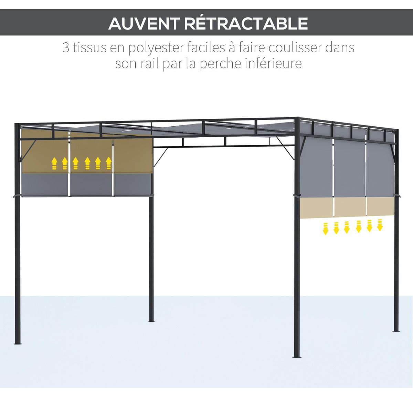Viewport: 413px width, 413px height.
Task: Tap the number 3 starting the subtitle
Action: tap(66, 47)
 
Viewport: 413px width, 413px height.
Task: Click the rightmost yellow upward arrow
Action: tap(109, 163)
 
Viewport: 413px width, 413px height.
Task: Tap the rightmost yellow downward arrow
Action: tap(380, 225)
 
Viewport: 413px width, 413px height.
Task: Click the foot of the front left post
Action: tap(18, 342)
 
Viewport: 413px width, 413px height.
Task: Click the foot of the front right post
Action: tap(297, 356)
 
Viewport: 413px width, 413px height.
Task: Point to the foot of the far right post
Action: tap(396, 330)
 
